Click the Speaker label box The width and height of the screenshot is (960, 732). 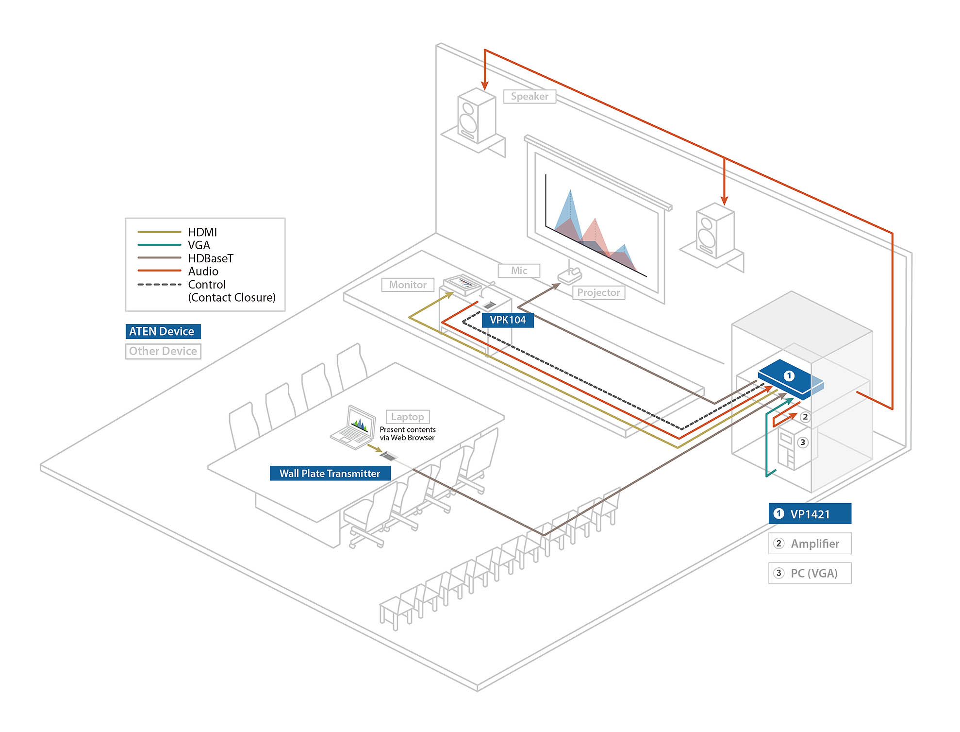(529, 96)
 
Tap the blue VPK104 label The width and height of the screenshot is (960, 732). (508, 320)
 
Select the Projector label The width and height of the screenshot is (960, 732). (598, 292)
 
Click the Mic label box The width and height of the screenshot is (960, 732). (519, 271)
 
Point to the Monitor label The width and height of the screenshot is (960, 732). (408, 285)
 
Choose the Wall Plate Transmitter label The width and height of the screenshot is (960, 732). (330, 473)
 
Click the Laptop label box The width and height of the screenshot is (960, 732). (408, 417)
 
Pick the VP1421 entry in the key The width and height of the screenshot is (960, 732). (810, 513)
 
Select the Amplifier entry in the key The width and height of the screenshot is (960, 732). (810, 544)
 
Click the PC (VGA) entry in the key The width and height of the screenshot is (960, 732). (810, 573)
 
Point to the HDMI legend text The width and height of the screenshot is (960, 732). (202, 232)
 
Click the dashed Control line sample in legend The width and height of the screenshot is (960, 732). (159, 284)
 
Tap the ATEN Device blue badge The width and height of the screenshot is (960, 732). (163, 331)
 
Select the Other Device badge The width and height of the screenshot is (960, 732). (163, 351)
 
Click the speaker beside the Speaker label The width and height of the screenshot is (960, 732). (476, 117)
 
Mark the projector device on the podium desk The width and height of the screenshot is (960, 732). (570, 275)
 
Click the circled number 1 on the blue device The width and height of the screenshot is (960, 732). (789, 375)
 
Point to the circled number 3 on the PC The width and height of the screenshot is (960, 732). (803, 442)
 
